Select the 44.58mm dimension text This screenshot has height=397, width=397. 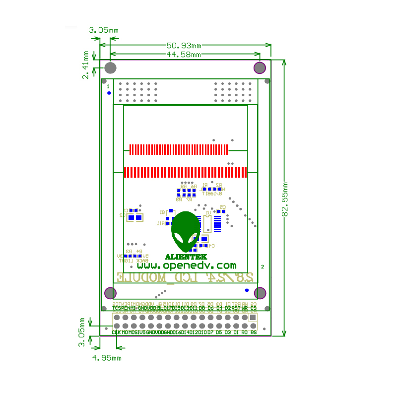pos(184,54)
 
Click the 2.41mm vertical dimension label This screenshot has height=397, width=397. pos(86,65)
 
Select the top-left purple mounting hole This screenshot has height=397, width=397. pos(111,67)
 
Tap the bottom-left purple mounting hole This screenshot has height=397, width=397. pos(110,293)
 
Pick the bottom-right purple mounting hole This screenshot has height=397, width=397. pos(260,293)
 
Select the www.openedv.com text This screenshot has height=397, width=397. pos(193,265)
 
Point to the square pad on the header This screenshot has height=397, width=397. pos(253,318)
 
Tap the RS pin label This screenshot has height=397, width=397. pos(254,332)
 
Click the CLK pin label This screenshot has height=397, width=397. pos(116,332)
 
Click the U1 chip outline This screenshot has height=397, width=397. pos(207,223)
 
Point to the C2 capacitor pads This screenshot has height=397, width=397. pos(135,217)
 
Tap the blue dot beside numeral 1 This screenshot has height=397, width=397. pos(109,92)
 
